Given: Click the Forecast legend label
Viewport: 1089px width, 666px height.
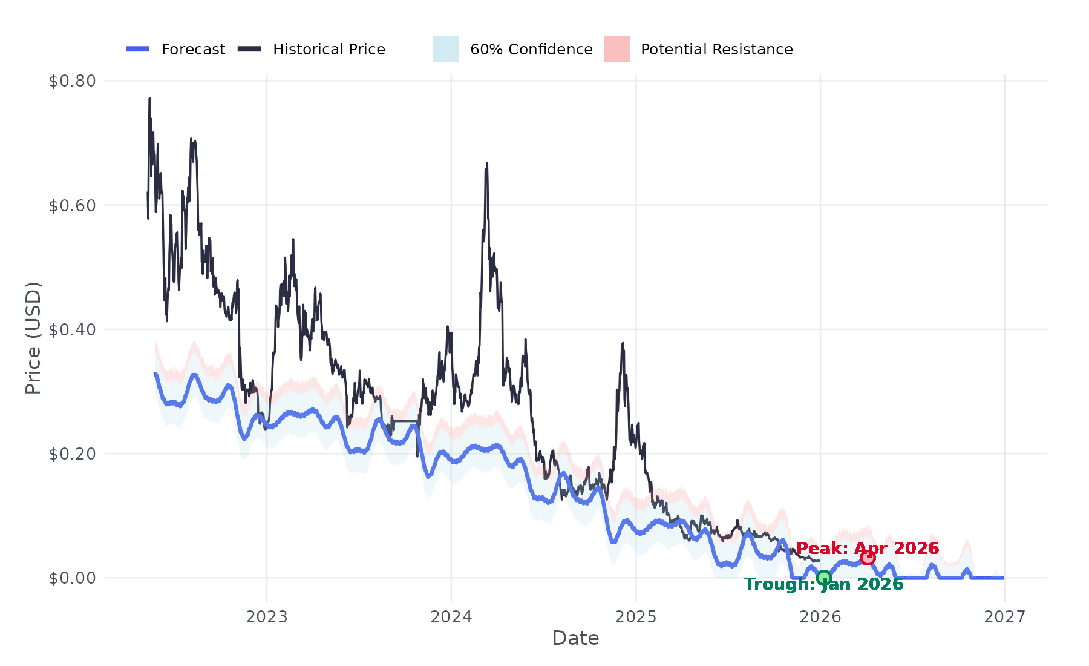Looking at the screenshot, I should click(x=193, y=50).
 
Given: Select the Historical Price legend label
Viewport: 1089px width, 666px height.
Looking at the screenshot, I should click(x=329, y=50).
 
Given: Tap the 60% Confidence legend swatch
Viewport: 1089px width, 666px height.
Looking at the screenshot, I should click(x=446, y=49).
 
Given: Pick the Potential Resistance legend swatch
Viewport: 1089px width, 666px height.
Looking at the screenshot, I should click(x=617, y=49).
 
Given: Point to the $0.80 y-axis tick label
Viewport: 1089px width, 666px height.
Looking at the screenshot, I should click(x=73, y=81).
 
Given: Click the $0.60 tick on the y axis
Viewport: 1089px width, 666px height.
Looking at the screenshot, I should click(x=73, y=206).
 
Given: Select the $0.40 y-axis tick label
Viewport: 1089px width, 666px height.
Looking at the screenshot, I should click(x=73, y=330).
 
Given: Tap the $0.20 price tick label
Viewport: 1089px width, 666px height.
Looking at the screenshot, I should click(x=73, y=454).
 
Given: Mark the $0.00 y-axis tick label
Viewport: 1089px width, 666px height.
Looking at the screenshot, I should click(x=73, y=578).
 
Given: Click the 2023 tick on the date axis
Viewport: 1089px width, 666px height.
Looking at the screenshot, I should click(x=267, y=617).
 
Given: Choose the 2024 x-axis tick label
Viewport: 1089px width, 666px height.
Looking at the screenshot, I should click(x=451, y=617).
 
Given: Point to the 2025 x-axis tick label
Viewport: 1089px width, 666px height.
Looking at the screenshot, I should click(x=636, y=617).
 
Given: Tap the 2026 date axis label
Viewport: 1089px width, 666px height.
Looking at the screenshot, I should click(x=820, y=617).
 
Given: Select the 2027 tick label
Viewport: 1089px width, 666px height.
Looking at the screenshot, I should click(x=1005, y=617).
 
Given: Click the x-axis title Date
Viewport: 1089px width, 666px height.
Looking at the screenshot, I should click(x=575, y=638).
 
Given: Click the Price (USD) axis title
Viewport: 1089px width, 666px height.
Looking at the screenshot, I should click(x=33, y=338).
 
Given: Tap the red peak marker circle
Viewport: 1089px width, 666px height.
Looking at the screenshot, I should click(x=868, y=558).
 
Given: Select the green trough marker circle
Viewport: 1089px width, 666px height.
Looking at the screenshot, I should click(x=823, y=578).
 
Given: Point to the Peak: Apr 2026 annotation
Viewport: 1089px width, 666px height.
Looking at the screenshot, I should click(x=868, y=549).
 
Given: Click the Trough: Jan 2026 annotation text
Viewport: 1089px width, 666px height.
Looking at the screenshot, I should click(x=823, y=584).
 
